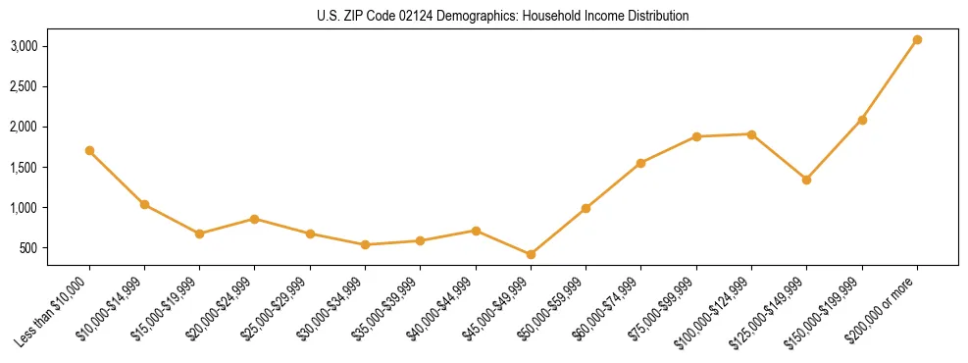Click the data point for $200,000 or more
pyautogui.click(x=917, y=40)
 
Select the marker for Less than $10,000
pyautogui.click(x=89, y=151)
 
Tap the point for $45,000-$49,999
pyautogui.click(x=531, y=254)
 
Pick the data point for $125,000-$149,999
pyautogui.click(x=806, y=180)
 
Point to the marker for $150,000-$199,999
pyautogui.click(x=862, y=120)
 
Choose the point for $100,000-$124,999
pyautogui.click(x=751, y=134)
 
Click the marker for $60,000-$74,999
pyautogui.click(x=640, y=163)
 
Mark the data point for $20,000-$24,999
pyautogui.click(x=255, y=219)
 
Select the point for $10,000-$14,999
pyautogui.click(x=144, y=204)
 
